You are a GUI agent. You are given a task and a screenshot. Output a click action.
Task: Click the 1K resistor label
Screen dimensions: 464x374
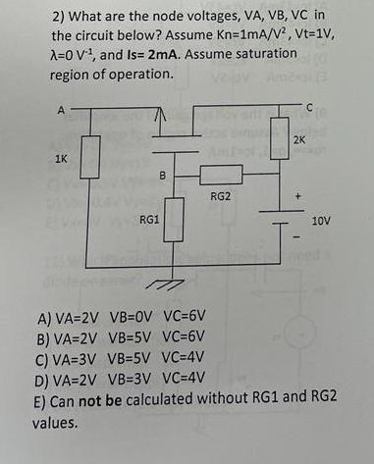[47, 158]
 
